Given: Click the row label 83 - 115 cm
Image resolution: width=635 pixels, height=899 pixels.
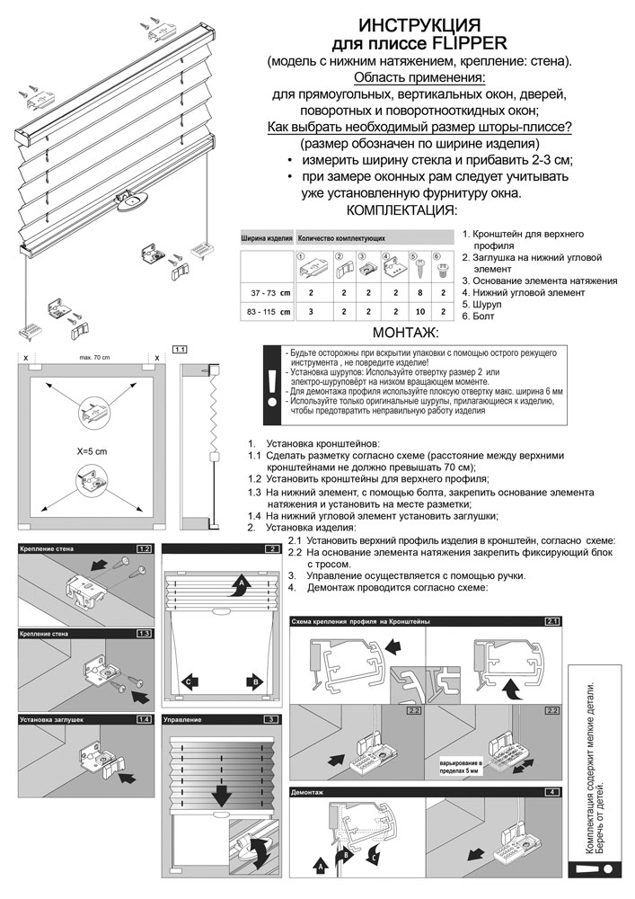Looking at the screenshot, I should pos(268,312).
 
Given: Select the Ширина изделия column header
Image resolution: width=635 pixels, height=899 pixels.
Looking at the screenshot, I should pos(267,239).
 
